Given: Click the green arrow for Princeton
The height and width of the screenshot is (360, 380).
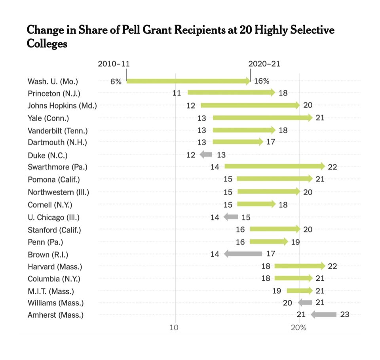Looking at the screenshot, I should [x=231, y=93].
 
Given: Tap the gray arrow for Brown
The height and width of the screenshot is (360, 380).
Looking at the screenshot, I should [x=243, y=253].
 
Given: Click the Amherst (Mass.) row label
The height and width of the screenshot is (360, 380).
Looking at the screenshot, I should [x=56, y=315].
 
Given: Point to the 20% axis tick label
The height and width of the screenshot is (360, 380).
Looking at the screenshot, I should [x=298, y=328].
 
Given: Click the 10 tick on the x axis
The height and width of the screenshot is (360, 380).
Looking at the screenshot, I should [x=174, y=328].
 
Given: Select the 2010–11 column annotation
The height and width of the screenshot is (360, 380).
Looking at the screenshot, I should [x=114, y=64].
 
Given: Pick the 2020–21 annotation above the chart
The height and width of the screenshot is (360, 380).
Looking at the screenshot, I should [x=264, y=64].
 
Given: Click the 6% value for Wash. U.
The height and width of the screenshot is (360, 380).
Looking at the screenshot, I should [x=115, y=82].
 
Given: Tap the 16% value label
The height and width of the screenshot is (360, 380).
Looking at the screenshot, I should [x=261, y=82].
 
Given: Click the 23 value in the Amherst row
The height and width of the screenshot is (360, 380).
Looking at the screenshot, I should [x=345, y=315].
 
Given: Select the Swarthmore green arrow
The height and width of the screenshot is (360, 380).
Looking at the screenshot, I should [x=274, y=167].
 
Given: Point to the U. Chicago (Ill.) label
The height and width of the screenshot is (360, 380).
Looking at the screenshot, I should [x=53, y=217].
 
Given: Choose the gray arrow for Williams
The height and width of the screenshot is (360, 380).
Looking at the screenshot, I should [x=305, y=303].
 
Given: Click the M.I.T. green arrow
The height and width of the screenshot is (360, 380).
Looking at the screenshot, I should [x=299, y=291].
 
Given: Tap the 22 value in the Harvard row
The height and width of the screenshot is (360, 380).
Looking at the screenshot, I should [x=332, y=266].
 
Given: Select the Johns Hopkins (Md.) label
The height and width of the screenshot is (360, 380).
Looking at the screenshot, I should [x=62, y=105].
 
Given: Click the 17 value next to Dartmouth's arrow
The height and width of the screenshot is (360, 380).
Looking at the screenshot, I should [x=271, y=142].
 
